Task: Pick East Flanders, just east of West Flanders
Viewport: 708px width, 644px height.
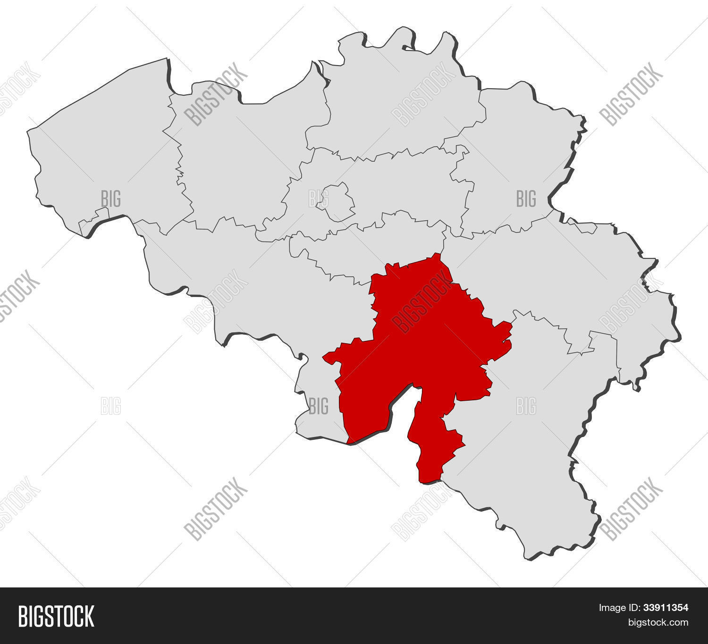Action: tap(236, 156)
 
